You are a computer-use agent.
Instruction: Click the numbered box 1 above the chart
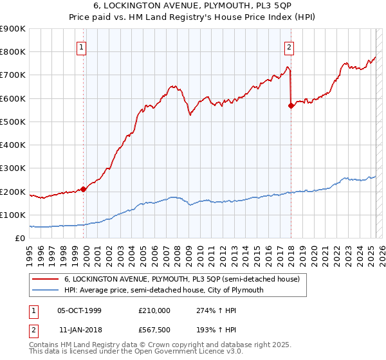82,47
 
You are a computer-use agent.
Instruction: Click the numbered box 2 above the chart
289,47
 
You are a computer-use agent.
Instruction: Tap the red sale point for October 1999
84,189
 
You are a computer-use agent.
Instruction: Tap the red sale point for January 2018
291,106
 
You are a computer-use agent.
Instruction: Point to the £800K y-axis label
13,52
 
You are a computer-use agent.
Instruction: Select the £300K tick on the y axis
13,168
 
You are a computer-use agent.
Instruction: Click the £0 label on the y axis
19,239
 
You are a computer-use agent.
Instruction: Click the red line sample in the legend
46,279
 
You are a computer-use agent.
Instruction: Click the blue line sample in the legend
46,290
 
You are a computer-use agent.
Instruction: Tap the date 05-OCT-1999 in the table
79,310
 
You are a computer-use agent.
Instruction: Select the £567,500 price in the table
154,328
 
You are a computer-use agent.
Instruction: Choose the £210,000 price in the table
154,310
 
